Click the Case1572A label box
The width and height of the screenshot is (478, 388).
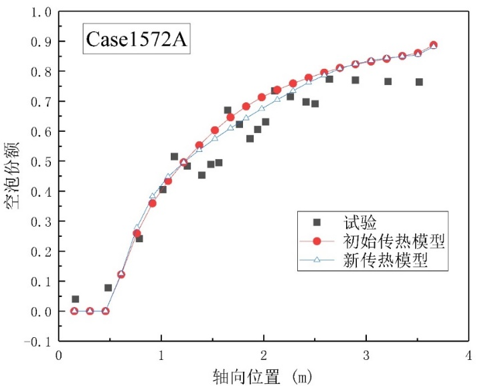pyautogui.click(x=136, y=41)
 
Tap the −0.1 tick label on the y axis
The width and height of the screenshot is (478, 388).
pyautogui.click(x=37, y=342)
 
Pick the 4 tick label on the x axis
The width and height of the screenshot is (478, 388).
pyautogui.click(x=469, y=355)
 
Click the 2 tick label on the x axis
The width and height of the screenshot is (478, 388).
pyautogui.click(x=264, y=355)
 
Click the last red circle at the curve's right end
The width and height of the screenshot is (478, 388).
pyautogui.click(x=433, y=45)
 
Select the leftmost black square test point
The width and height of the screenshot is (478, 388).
pyautogui.click(x=75, y=299)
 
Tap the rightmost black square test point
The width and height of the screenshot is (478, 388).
pyautogui.click(x=419, y=82)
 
